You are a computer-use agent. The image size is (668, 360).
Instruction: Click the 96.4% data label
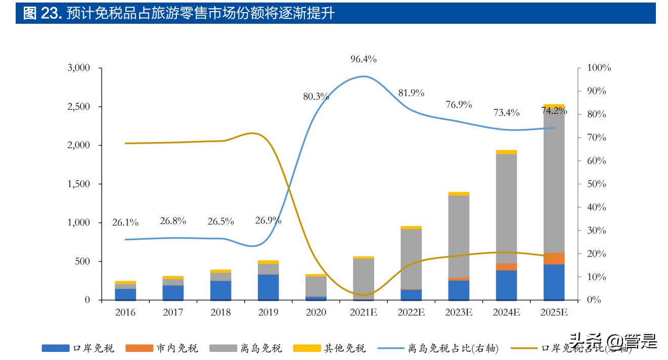coord(363,59)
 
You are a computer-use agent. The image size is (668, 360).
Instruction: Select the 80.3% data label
coord(316,96)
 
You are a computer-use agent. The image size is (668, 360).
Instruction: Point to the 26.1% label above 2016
coord(125,222)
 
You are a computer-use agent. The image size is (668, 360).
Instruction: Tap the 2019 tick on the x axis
coord(268,312)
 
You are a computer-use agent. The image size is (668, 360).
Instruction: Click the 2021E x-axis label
coord(363,312)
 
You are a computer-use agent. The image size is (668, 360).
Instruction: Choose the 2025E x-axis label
coord(554,312)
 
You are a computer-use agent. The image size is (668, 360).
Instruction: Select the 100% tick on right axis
coord(599,68)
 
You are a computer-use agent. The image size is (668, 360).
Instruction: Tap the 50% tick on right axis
coord(597,184)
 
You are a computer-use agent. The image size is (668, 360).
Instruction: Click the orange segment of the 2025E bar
coord(554,258)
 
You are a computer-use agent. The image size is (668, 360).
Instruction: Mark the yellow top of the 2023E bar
coord(459,194)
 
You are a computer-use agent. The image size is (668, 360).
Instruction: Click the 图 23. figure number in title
coord(42,14)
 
